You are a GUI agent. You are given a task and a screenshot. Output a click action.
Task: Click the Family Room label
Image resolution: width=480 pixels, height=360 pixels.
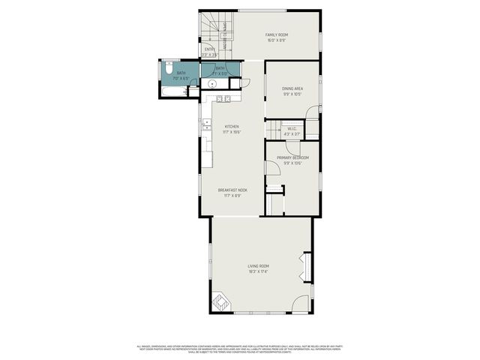277,34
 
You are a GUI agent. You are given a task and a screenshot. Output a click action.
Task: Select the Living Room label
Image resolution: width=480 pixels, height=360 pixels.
259,266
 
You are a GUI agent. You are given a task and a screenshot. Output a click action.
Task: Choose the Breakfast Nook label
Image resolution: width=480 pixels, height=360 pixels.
232,190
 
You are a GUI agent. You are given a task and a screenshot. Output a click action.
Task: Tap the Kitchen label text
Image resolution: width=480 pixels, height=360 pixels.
232,127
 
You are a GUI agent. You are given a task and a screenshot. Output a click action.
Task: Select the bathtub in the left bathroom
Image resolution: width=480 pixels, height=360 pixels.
173,91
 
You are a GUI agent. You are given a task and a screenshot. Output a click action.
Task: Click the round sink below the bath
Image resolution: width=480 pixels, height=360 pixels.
214,85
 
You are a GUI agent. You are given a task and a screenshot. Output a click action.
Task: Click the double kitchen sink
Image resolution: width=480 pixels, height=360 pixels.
222,97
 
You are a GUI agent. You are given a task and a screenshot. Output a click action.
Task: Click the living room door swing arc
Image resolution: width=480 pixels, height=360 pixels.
301,304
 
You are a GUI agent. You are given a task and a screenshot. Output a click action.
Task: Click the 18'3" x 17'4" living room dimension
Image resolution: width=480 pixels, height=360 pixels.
259,271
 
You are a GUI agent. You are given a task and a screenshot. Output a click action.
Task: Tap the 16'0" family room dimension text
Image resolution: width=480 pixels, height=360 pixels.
277,40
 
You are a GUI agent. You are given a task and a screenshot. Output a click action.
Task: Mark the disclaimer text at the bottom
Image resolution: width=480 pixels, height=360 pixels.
240,349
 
